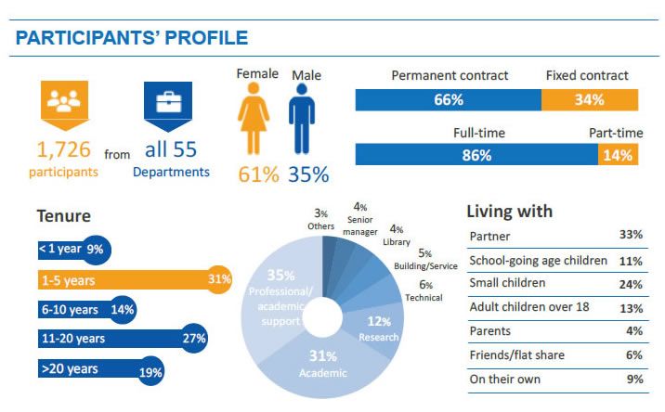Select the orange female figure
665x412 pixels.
pos(254,119)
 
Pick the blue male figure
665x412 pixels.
pos(303,119)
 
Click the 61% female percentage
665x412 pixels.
pos(258,174)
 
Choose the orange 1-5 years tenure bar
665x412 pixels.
pos(130,279)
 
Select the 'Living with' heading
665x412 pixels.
pos(509,211)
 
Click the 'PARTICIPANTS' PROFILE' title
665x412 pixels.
pos(132,38)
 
